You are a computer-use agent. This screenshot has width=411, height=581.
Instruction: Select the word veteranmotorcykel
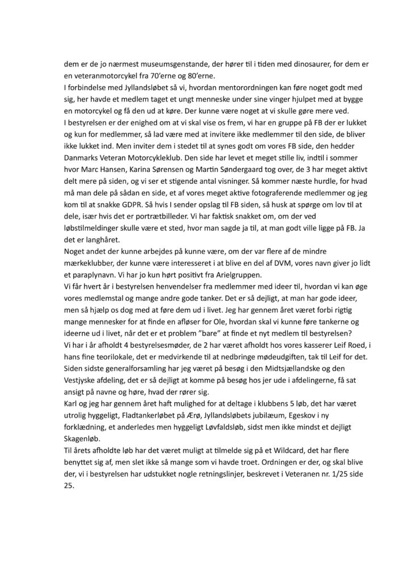click(104, 77)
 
